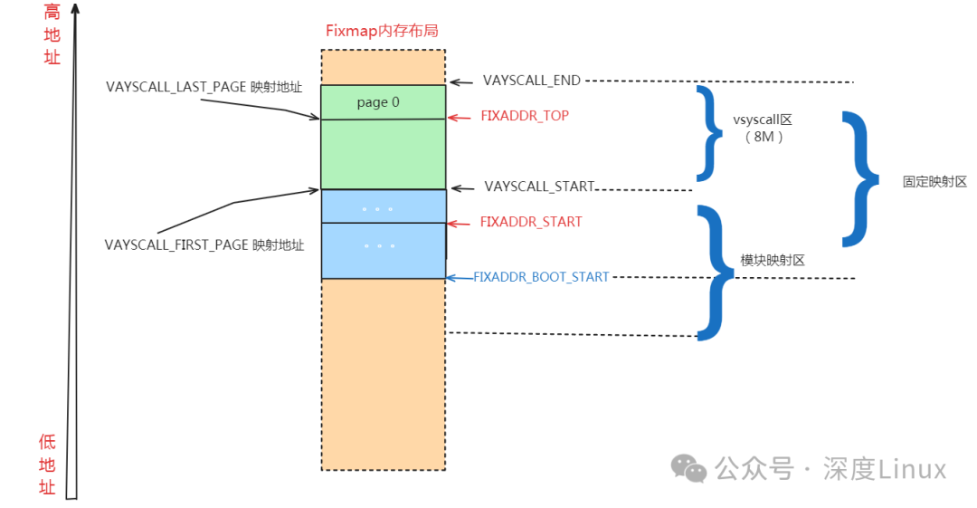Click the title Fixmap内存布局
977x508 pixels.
(382, 31)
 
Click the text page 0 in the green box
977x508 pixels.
(378, 102)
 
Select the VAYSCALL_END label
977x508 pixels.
(531, 81)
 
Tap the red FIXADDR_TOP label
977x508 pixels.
(525, 117)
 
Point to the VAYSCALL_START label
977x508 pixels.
(539, 187)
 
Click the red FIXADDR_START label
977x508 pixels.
(530, 222)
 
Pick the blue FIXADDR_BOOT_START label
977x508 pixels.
(541, 277)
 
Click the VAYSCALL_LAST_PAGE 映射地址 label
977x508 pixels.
(204, 87)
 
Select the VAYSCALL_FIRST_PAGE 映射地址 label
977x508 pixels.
(204, 244)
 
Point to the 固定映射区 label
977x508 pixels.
(934, 181)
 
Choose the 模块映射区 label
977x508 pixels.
(773, 260)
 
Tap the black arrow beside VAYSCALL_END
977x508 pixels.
(462, 82)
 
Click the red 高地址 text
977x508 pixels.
(52, 34)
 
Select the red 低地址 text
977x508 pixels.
(48, 465)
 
